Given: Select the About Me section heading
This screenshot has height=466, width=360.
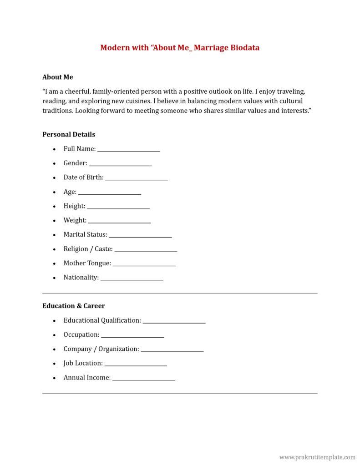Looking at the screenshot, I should click(x=58, y=77).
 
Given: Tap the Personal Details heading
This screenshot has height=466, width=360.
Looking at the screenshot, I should click(x=69, y=134).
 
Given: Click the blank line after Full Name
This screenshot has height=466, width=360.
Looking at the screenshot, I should click(x=129, y=151).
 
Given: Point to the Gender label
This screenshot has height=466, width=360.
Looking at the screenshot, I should click(x=75, y=163).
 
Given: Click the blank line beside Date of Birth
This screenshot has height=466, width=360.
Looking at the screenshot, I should click(x=137, y=179).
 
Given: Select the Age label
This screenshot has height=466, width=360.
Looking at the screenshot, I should click(x=70, y=192).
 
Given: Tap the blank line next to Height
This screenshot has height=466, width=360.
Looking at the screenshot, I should click(x=118, y=208).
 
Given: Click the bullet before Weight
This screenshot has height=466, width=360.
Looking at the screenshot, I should click(x=54, y=221).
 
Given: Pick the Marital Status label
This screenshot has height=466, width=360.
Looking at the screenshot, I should click(x=85, y=234).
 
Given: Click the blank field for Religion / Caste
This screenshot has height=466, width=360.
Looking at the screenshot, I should click(x=146, y=251).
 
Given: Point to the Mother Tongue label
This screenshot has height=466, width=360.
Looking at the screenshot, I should click(x=87, y=263).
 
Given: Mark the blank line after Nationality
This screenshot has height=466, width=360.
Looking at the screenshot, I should click(x=132, y=279).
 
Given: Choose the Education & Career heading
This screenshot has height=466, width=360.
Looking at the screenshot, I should click(x=74, y=306).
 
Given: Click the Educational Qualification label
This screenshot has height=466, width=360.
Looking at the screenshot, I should click(x=102, y=320).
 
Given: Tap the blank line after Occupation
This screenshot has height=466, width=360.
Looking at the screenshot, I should click(x=132, y=337).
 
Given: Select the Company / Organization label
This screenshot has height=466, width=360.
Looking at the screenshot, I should click(x=101, y=349).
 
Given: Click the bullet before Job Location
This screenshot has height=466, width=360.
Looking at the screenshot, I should click(x=54, y=364).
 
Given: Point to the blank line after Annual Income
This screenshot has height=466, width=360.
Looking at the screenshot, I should click(x=144, y=380).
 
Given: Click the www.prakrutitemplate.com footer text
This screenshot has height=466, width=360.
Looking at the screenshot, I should click(x=317, y=457).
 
